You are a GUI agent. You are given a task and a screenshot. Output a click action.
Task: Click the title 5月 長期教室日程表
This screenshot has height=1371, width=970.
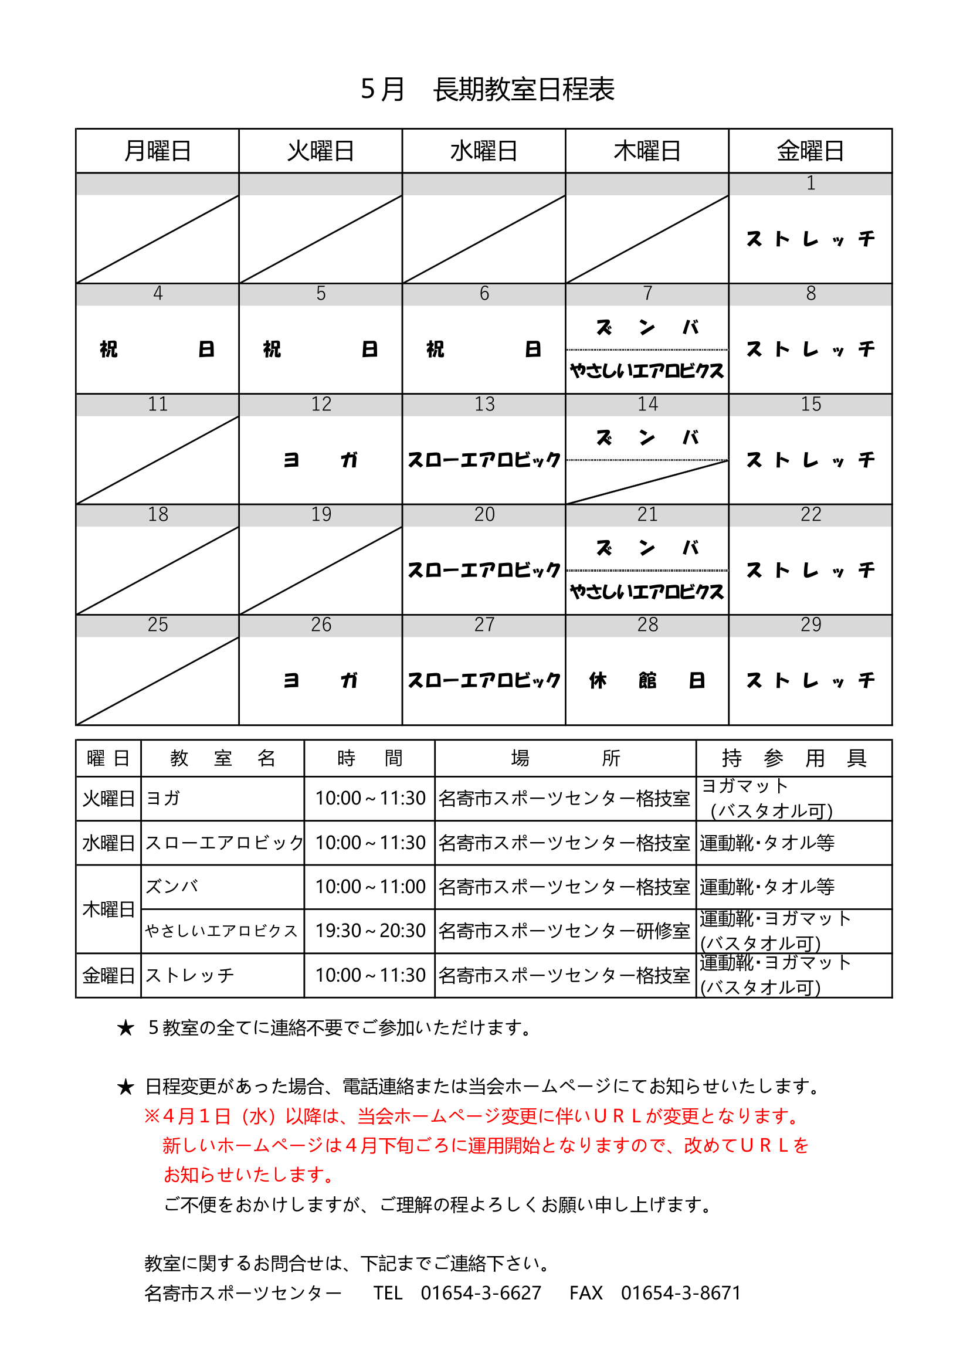(487, 90)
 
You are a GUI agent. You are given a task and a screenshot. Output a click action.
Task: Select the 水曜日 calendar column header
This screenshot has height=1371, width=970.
(484, 151)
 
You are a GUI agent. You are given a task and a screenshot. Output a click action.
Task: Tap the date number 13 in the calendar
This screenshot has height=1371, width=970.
(484, 404)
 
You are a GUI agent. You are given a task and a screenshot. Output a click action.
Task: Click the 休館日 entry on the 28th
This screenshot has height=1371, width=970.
(647, 680)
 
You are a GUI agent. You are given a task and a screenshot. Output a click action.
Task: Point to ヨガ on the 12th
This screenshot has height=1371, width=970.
(320, 460)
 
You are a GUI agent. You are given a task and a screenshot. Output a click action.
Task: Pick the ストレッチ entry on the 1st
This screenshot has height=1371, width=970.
(810, 239)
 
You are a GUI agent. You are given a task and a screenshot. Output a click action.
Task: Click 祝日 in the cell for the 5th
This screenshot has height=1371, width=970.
(320, 349)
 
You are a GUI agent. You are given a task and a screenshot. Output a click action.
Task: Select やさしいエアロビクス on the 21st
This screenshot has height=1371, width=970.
(647, 592)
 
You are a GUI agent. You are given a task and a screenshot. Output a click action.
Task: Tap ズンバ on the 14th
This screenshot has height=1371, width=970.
(647, 438)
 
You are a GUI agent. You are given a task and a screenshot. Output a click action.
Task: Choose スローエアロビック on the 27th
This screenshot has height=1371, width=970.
(484, 680)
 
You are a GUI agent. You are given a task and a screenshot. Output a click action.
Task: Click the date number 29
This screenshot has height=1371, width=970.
(810, 625)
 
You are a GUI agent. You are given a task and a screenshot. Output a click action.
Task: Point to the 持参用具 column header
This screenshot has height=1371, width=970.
(794, 758)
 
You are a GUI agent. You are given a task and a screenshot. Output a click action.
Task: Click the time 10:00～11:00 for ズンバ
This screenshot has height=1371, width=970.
(369, 887)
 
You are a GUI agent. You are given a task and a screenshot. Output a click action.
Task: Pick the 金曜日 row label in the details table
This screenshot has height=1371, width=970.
(108, 975)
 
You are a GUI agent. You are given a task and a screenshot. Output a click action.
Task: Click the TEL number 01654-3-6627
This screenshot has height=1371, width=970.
(481, 1293)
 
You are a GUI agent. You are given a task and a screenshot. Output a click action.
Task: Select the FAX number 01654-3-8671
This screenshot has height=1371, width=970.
(680, 1293)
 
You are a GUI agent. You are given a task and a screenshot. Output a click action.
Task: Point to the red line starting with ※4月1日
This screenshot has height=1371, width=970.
(472, 1116)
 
